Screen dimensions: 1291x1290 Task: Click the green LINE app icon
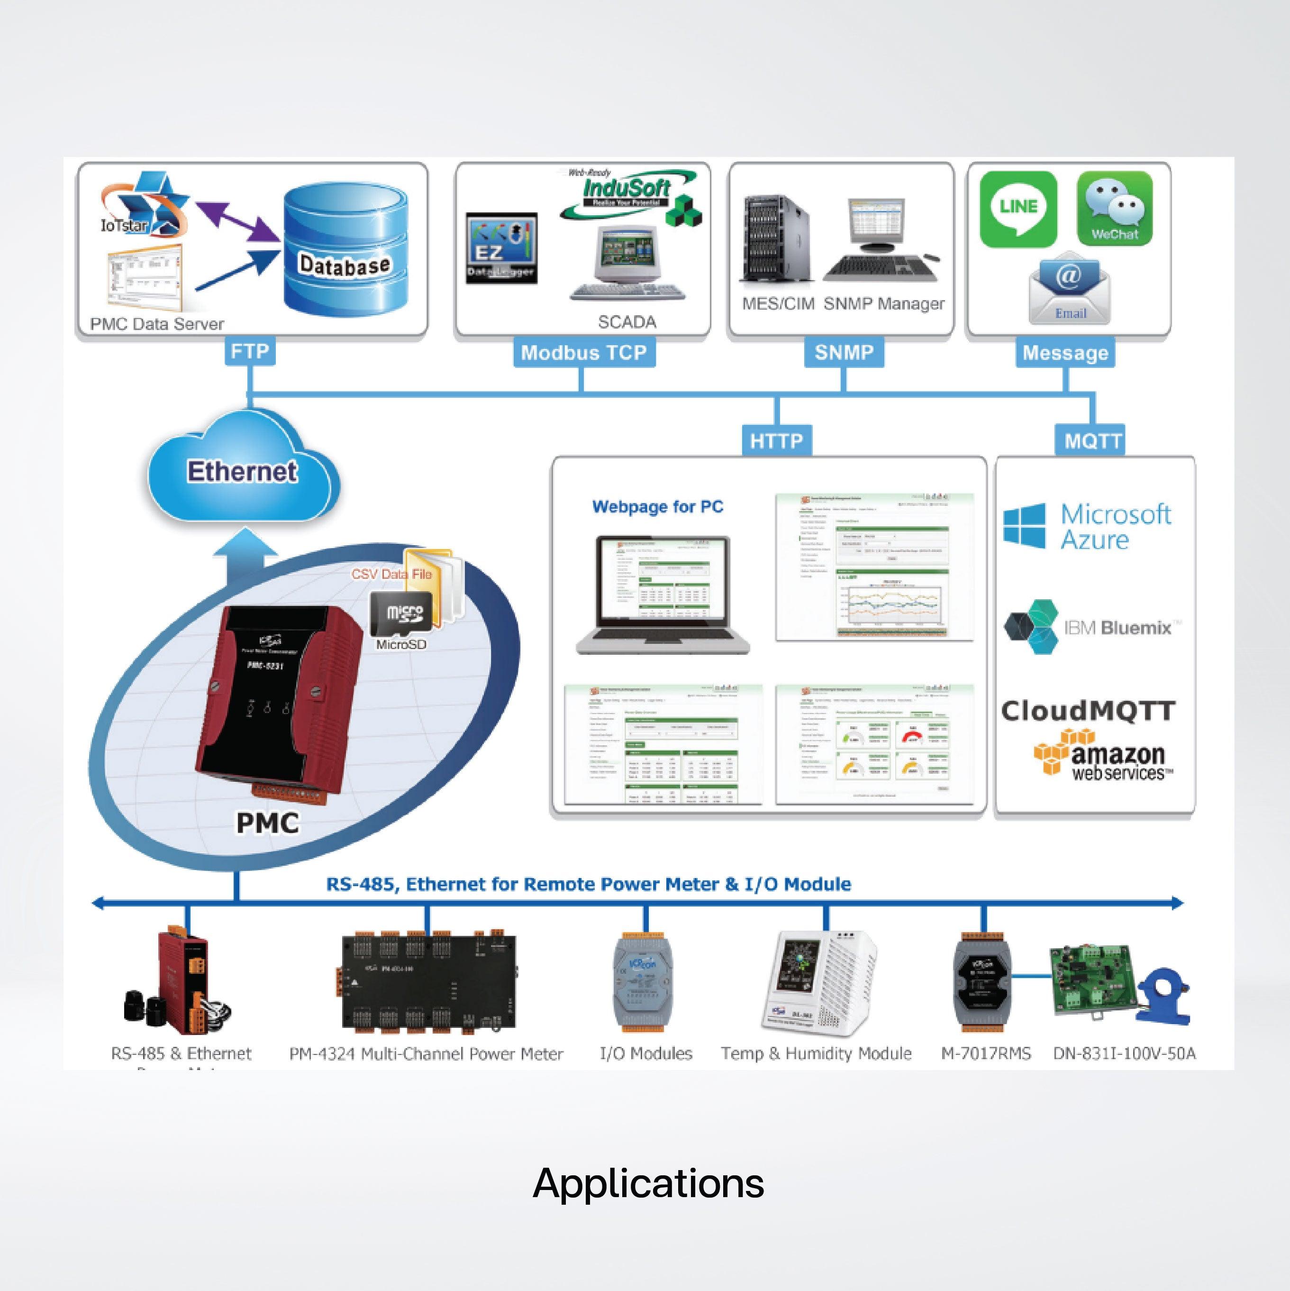pyautogui.click(x=1018, y=209)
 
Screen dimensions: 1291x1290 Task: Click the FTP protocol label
pyautogui.click(x=249, y=351)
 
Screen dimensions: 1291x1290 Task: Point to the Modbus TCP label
pyautogui.click(x=584, y=353)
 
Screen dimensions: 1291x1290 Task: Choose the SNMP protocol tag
pyautogui.click(x=844, y=352)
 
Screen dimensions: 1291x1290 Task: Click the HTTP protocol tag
pyautogui.click(x=776, y=441)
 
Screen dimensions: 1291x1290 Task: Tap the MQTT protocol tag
pyautogui.click(x=1092, y=441)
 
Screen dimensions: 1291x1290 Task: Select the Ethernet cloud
pyautogui.click(x=242, y=471)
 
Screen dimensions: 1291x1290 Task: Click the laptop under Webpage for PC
pyautogui.click(x=662, y=594)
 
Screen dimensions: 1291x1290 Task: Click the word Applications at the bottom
pyautogui.click(x=648, y=1183)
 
